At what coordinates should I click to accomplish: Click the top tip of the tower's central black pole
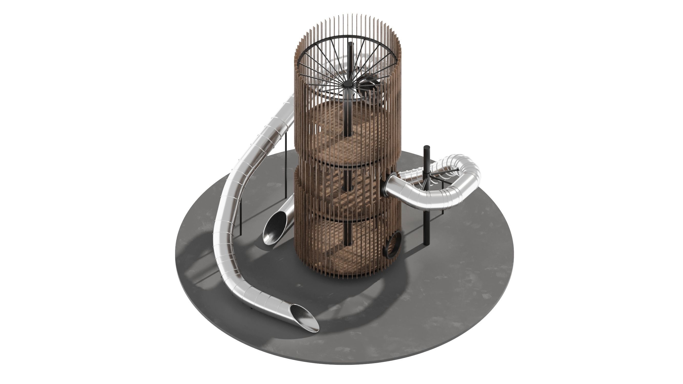coord(351,44)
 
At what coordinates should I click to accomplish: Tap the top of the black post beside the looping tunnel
coord(427,147)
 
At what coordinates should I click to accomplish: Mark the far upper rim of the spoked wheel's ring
coord(350,36)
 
